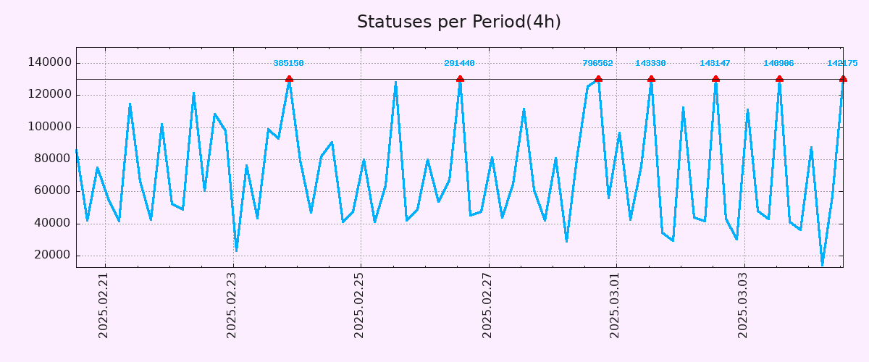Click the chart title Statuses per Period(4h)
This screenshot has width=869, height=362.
click(x=458, y=22)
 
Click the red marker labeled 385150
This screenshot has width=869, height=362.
click(x=289, y=79)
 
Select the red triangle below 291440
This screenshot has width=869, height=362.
click(x=460, y=79)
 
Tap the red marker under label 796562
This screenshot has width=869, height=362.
click(x=598, y=79)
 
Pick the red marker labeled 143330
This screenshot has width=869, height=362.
click(x=651, y=79)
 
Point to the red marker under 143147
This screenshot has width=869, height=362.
click(x=715, y=79)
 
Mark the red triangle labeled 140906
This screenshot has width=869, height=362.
click(x=779, y=79)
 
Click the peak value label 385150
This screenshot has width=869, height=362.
click(x=288, y=64)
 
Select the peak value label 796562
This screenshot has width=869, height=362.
click(x=597, y=64)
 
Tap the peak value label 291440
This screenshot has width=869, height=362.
click(x=459, y=64)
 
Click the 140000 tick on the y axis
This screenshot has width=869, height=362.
click(x=49, y=63)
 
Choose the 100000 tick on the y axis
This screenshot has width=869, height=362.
click(x=49, y=127)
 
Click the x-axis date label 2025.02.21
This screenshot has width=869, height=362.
click(x=104, y=306)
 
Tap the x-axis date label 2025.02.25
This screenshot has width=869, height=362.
click(x=359, y=306)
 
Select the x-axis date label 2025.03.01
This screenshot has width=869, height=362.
click(x=615, y=306)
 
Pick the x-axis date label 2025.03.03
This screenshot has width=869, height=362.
click(x=743, y=306)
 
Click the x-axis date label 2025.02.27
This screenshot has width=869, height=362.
click(x=487, y=306)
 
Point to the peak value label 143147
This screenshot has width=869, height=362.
click(x=715, y=64)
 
